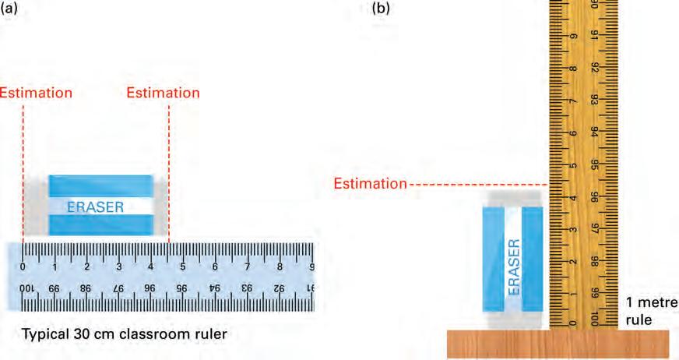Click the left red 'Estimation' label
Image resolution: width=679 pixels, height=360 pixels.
(x=36, y=92)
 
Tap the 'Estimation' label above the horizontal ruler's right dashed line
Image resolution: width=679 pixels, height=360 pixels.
(x=163, y=92)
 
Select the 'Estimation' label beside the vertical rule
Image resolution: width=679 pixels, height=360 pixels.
(x=370, y=184)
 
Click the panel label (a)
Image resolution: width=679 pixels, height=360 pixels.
(x=9, y=9)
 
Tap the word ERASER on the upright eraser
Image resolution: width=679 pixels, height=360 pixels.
(x=514, y=266)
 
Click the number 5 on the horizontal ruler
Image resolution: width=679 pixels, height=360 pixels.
(x=183, y=266)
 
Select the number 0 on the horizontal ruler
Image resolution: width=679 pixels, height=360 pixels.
(x=23, y=266)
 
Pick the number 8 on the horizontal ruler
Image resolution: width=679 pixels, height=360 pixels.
(x=280, y=266)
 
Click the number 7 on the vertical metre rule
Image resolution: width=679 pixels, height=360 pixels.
(x=573, y=101)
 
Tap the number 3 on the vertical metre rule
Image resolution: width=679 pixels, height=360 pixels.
(x=573, y=230)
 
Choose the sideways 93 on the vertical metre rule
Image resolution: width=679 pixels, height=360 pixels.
(x=594, y=100)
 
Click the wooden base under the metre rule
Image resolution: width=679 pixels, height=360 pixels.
(x=557, y=343)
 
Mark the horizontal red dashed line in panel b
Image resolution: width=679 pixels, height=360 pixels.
(x=479, y=185)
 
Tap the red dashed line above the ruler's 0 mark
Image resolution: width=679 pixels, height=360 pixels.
(x=23, y=171)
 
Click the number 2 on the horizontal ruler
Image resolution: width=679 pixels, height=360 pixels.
(x=86, y=266)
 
